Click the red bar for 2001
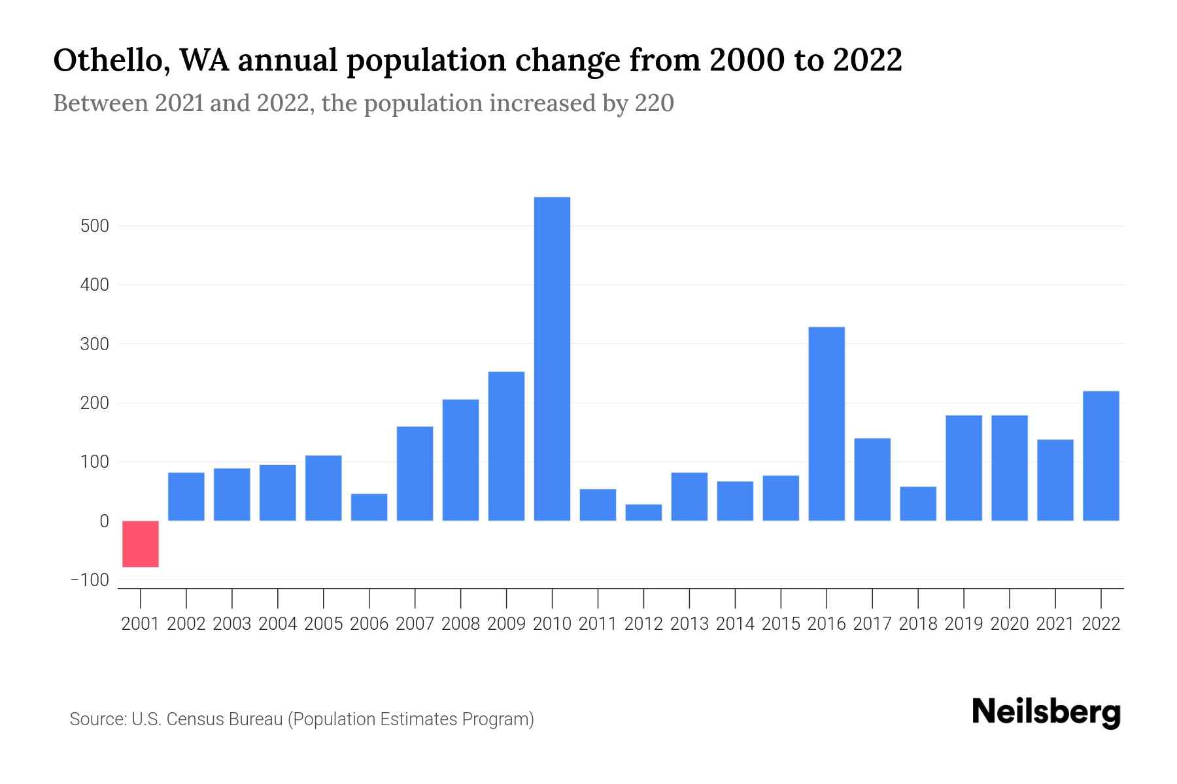click(141, 544)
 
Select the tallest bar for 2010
click(552, 359)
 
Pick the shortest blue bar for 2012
click(643, 512)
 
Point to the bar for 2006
click(369, 507)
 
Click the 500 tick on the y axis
click(94, 226)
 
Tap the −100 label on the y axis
click(90, 580)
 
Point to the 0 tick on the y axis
click(104, 521)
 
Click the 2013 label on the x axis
click(689, 624)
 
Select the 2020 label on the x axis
click(1010, 624)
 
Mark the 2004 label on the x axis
click(278, 624)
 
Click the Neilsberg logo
click(1046, 712)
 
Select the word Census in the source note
click(194, 719)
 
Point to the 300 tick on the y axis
click(94, 344)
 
